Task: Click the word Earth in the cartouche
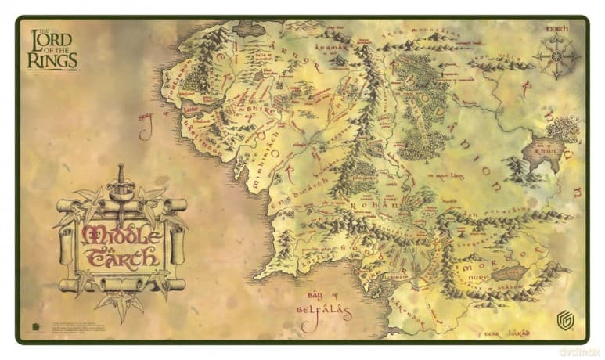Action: coord(123,257)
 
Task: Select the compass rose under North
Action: coord(556,56)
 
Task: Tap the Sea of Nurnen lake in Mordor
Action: coord(510,273)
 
